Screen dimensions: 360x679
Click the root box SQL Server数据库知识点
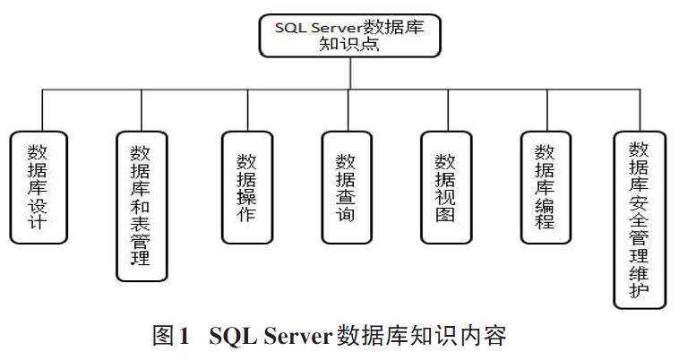(x=350, y=34)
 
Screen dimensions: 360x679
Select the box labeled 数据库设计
(x=39, y=186)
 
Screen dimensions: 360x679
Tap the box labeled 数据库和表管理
(x=142, y=206)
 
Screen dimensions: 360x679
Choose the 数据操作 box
(x=246, y=186)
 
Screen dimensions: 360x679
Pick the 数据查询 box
(x=346, y=186)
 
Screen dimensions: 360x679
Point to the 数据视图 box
(x=445, y=186)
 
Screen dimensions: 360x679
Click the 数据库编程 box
(x=545, y=186)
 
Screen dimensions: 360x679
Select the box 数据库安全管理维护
(x=640, y=219)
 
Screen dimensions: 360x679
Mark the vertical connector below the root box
(x=350, y=73)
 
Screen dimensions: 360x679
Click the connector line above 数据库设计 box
(x=39, y=109)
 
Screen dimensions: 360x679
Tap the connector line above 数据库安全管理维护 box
(x=640, y=109)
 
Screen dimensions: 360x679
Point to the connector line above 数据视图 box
(x=445, y=109)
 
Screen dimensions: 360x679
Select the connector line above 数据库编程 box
(x=545, y=109)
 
